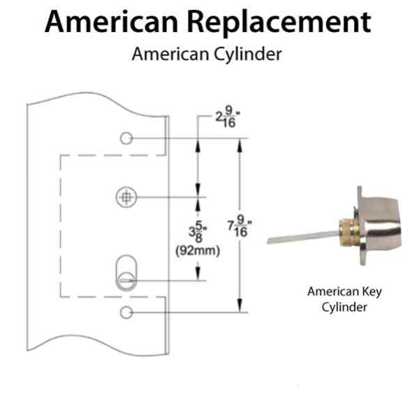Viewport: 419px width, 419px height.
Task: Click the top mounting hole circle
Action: (126, 138)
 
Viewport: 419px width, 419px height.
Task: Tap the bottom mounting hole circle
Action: (126, 311)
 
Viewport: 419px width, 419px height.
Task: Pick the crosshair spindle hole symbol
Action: (125, 198)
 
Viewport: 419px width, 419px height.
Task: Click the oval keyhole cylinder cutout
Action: (125, 269)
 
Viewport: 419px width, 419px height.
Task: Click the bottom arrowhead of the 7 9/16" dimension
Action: (240, 307)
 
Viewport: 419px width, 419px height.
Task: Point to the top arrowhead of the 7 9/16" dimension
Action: (240, 142)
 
